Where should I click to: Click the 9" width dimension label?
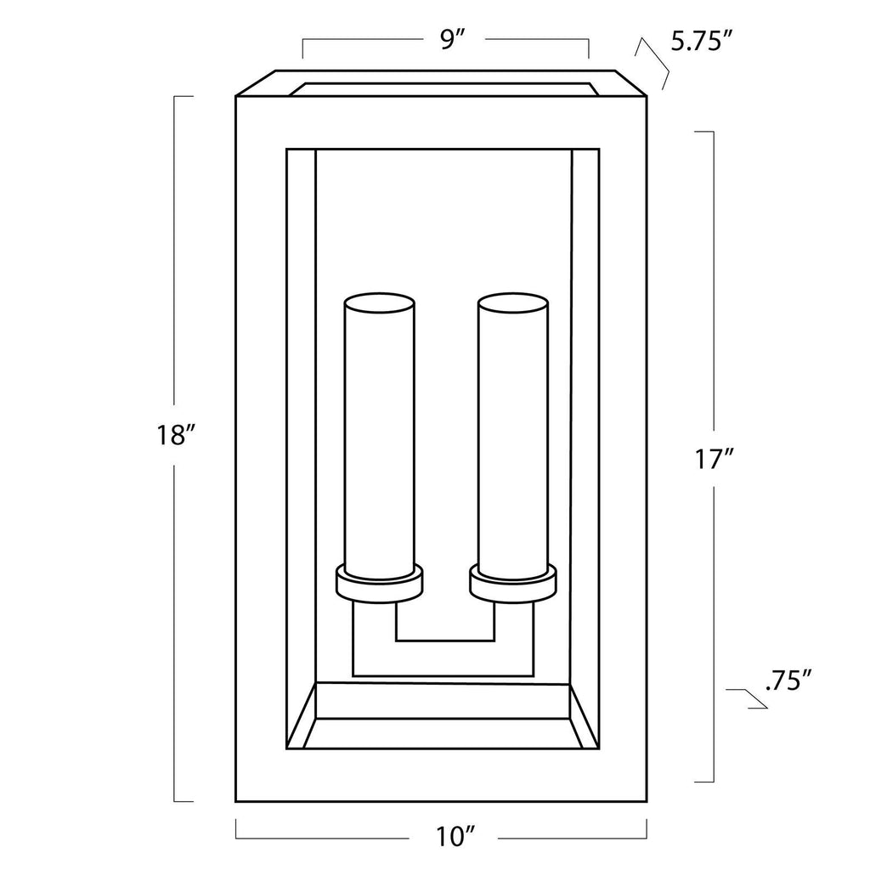452,40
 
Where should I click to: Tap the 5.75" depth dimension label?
703,42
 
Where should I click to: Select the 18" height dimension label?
176,435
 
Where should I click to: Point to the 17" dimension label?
714,460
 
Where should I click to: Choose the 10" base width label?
456,837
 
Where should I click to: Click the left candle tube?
380,436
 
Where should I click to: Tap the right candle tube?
513,436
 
